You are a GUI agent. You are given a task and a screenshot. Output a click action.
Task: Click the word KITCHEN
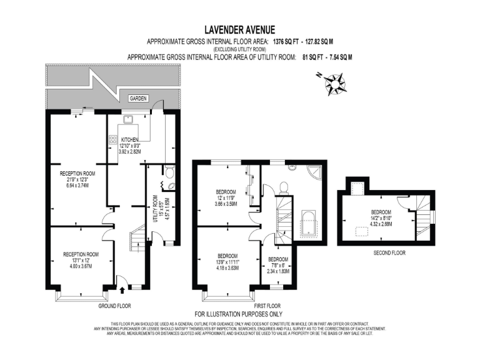point(130,139)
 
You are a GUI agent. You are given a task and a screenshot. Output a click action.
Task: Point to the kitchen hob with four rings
point(114,141)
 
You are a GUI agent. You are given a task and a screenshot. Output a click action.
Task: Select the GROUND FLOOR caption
point(114,306)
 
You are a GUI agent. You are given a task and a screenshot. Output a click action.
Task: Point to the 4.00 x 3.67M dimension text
point(81,266)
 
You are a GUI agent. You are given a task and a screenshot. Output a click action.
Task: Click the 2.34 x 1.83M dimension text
point(278,271)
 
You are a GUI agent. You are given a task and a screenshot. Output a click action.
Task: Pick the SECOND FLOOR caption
point(390,253)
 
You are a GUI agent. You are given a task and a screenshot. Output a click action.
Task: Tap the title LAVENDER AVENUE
point(239,29)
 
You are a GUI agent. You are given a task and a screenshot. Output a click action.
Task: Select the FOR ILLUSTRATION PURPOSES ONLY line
point(239,314)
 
